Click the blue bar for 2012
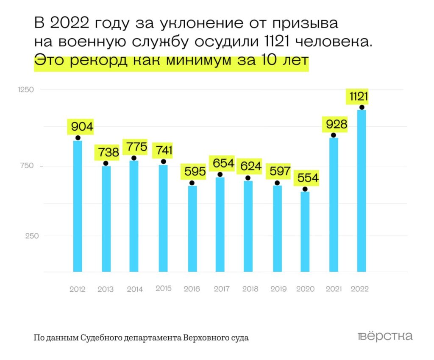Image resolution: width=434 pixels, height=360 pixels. tap(78, 206)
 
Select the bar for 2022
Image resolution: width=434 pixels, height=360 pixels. tap(362, 190)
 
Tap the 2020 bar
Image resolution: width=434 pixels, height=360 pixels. tap(305, 232)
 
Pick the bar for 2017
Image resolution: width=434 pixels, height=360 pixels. tap(220, 224)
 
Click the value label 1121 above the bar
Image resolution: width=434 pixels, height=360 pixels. tap(359, 97)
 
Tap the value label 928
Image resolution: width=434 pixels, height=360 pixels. tap(337, 125)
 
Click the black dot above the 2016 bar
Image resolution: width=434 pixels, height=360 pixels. tap(192, 183)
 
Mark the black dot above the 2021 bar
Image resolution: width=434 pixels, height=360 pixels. tap(334, 135)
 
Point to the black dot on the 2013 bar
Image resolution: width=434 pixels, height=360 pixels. tap(106, 163)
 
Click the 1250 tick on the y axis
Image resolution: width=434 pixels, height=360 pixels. tap(25, 89)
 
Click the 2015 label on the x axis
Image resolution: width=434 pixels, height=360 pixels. tap(164, 288)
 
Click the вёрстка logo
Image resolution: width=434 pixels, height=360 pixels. tap(385, 337)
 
